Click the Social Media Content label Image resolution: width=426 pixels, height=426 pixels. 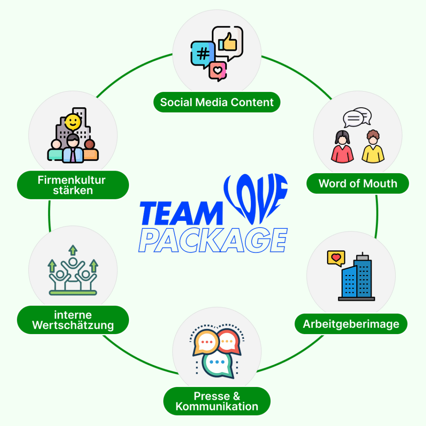pos(217,102)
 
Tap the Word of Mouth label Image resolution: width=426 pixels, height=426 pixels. pos(358,183)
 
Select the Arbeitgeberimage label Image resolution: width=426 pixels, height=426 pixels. pos(351,324)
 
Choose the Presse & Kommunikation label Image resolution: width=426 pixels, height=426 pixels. pos(217,401)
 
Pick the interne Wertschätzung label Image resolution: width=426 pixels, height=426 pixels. pos(73,320)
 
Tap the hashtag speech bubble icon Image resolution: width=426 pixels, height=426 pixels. pos(203,54)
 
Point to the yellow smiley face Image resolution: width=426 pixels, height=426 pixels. pos(72,122)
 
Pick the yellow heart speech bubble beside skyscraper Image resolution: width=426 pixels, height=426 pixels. pos(336,258)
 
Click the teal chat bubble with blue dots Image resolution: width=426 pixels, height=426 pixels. pos(217,363)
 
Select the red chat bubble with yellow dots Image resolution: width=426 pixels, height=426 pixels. pos(228,342)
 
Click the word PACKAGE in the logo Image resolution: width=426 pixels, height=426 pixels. pos(213,240)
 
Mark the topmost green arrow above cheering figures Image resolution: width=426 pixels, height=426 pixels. pos(73,250)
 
